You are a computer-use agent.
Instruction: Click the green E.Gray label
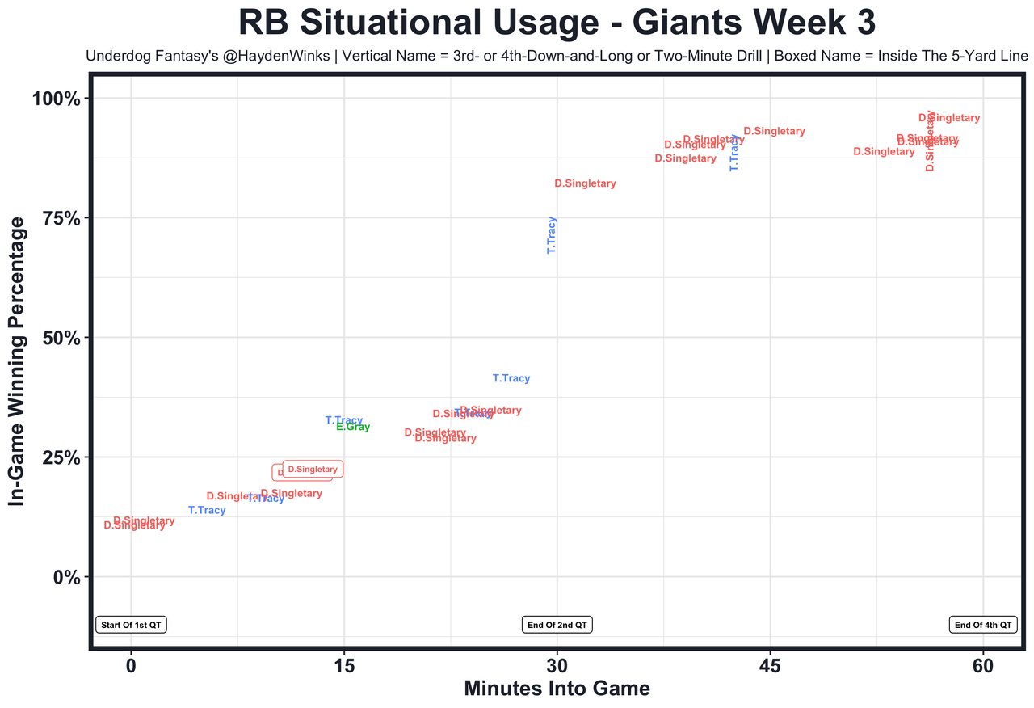click(353, 427)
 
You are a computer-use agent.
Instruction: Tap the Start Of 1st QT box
click(131, 625)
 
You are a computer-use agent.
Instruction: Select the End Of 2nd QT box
click(557, 625)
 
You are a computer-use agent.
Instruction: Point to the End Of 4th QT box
click(983, 625)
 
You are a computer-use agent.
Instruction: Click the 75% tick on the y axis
click(57, 218)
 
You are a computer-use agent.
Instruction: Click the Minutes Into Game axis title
click(557, 689)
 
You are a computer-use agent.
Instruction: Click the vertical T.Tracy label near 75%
click(552, 235)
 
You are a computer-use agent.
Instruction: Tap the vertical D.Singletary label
click(930, 141)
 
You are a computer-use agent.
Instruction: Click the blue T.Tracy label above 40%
click(511, 378)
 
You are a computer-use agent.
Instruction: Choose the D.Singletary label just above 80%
click(585, 183)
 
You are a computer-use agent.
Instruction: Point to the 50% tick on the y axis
click(57, 338)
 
